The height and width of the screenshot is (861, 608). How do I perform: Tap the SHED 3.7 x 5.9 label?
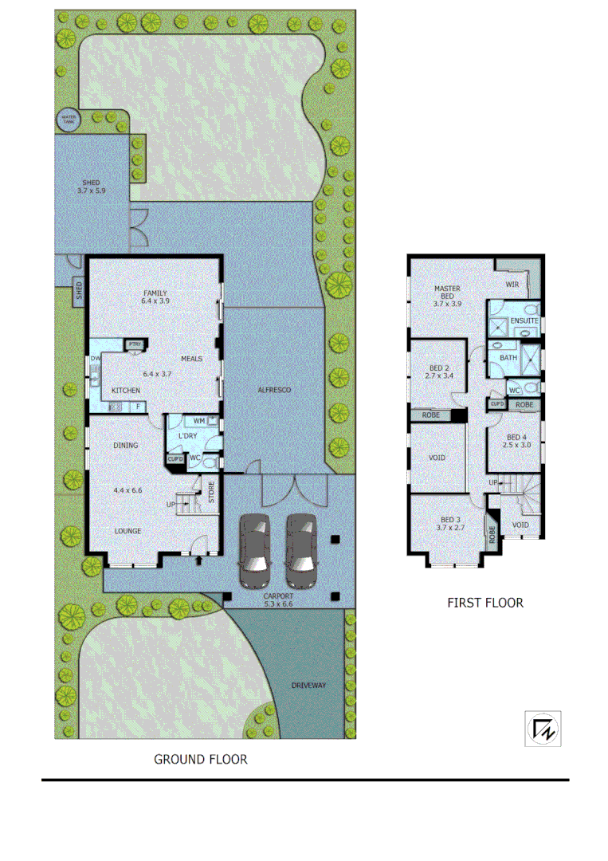(91, 187)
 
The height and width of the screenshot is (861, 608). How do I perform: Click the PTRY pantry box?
(133, 344)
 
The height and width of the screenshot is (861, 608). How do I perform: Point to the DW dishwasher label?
(96, 359)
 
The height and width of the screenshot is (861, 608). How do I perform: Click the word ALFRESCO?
(277, 390)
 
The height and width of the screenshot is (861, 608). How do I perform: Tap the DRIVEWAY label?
(309, 686)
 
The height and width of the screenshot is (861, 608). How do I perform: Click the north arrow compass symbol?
(542, 728)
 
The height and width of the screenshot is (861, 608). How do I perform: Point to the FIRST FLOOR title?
(485, 603)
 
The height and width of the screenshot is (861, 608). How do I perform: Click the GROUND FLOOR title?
(200, 760)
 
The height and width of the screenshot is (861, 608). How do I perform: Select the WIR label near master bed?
(514, 285)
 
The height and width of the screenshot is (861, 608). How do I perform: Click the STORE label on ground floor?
(212, 493)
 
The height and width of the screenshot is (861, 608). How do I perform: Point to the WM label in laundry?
(199, 420)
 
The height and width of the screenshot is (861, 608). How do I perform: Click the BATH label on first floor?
(508, 358)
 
